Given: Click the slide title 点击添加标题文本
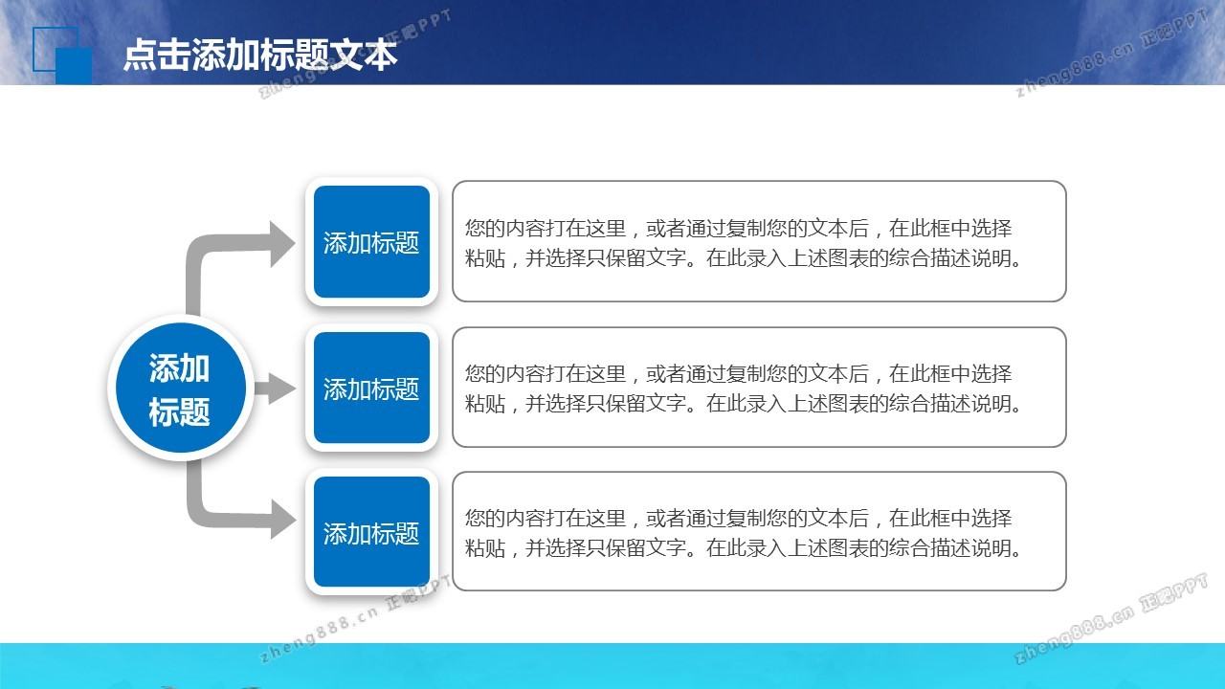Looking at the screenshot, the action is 260,56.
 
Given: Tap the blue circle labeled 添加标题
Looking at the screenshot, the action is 181,388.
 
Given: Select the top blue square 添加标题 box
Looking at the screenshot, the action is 372,242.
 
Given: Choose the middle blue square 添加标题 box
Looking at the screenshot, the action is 372,388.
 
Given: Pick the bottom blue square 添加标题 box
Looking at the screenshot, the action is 372,532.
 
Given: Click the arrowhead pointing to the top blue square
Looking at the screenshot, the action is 282,244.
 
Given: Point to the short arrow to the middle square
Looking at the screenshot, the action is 275,389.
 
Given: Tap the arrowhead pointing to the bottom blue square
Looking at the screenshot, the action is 282,520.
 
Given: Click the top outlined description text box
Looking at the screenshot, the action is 759,241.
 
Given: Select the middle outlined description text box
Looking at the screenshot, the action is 759,388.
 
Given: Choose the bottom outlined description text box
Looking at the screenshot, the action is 759,531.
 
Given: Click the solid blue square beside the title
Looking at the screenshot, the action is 74,66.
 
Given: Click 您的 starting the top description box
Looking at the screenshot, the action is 484,228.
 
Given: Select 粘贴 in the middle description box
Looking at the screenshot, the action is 485,404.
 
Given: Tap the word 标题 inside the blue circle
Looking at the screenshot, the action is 179,411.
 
